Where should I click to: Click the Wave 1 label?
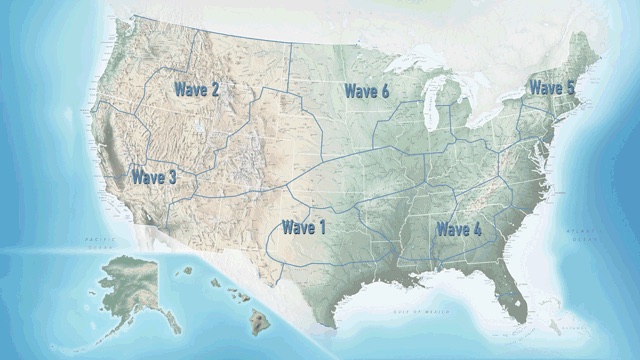[x=304, y=228]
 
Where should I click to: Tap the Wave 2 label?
[x=197, y=89]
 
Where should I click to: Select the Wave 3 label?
[x=154, y=177]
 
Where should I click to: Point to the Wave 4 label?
[x=458, y=230]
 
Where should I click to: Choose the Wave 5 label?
[x=552, y=88]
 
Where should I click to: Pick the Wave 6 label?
[x=367, y=92]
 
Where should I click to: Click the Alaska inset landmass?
[x=130, y=280]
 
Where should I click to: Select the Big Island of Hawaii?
[x=261, y=322]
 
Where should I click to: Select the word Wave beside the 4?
[x=451, y=230]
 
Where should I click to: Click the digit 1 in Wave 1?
[x=322, y=228]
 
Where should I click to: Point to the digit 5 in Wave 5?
[x=570, y=88]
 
